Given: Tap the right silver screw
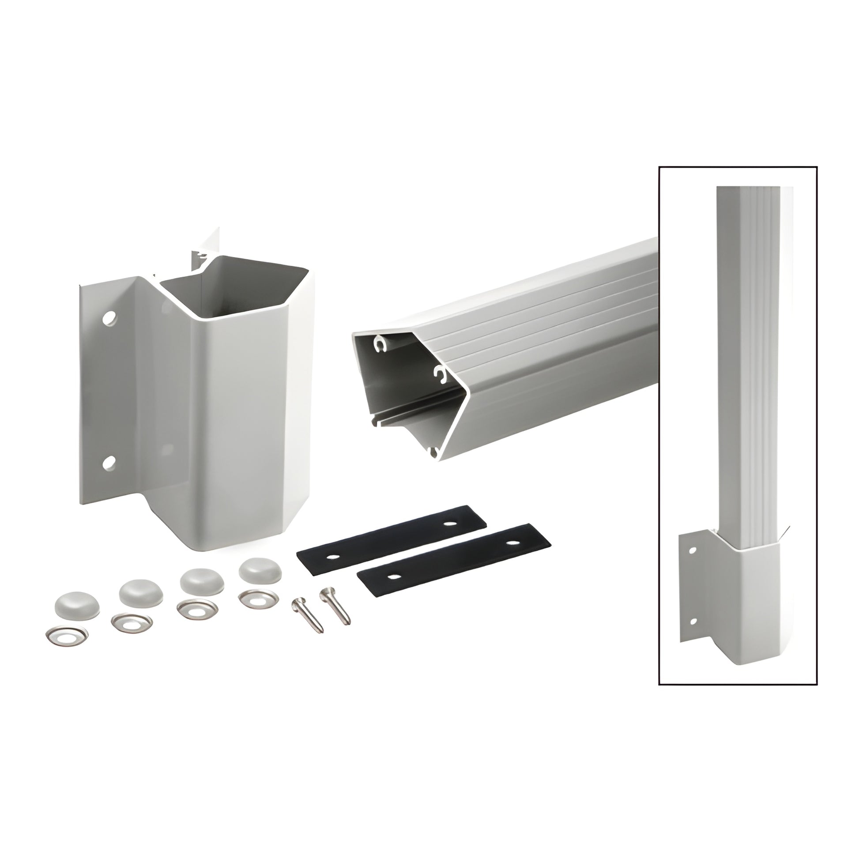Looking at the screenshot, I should pos(335,605).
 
